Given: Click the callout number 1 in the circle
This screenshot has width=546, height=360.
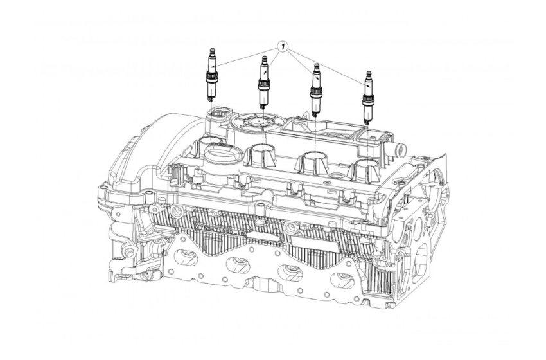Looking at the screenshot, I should [x=283, y=48].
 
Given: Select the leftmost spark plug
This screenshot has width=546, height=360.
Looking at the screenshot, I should [x=211, y=76].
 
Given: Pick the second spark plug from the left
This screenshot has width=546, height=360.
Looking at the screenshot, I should [x=263, y=82].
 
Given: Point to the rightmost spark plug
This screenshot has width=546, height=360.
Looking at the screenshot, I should [x=368, y=96].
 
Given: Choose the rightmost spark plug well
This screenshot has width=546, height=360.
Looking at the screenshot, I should [x=364, y=169].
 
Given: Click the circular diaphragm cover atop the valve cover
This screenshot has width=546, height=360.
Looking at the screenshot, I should [x=255, y=121].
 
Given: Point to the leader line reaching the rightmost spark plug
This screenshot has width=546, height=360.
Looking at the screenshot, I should [x=328, y=67].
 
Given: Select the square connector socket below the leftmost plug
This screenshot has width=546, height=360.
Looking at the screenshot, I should [x=218, y=111].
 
